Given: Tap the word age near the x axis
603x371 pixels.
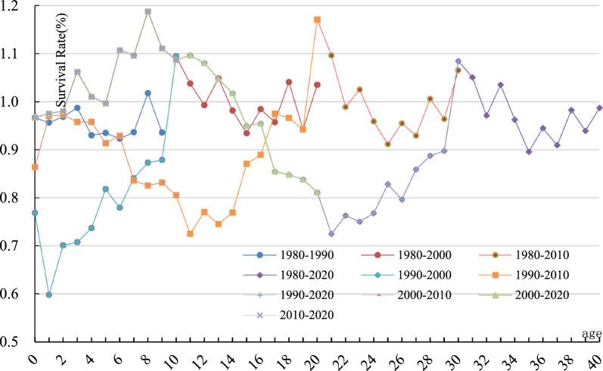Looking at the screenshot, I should (x=590, y=334).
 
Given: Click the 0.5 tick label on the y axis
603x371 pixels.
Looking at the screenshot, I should (x=17, y=341).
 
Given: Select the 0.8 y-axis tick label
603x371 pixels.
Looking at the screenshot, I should (x=17, y=198).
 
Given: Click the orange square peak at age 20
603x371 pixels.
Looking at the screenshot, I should (x=317, y=20).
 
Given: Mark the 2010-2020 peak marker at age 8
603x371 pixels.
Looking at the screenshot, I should (x=148, y=12).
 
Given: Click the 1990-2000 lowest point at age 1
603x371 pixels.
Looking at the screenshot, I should (x=49, y=295).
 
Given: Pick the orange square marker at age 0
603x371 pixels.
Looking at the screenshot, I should (x=35, y=167).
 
